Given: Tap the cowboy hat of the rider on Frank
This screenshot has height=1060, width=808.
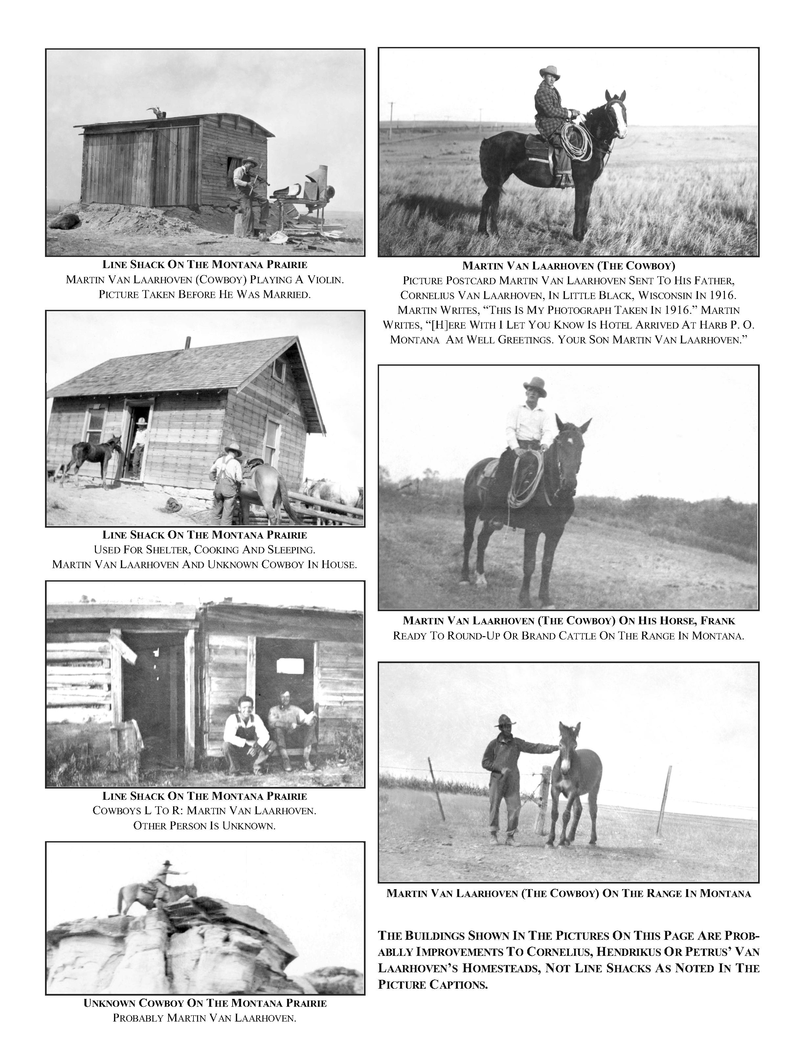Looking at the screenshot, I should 535,386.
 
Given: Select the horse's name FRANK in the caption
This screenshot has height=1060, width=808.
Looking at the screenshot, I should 719,621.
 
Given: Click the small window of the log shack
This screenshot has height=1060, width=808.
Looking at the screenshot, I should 290,666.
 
